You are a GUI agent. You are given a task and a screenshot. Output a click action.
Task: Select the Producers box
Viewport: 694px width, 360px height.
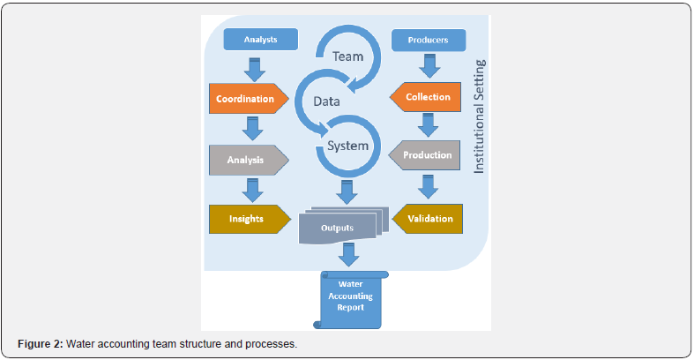tap(427, 40)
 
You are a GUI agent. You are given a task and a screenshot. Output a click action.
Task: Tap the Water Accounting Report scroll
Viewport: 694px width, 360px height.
tap(351, 298)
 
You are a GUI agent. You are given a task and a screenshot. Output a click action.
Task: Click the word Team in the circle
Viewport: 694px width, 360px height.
tap(347, 56)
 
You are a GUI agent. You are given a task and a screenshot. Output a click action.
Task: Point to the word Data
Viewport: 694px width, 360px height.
tap(328, 102)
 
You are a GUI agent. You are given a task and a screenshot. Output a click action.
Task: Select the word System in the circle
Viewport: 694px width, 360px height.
tap(347, 146)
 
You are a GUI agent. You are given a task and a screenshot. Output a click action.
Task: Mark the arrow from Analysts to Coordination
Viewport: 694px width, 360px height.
tap(252, 68)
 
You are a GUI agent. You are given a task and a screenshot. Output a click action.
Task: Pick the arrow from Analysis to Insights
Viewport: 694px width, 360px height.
tap(252, 189)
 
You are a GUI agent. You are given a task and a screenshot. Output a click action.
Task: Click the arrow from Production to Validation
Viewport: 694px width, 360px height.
tap(428, 186)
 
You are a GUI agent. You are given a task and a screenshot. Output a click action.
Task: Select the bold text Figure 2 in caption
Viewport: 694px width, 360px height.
tap(41, 342)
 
